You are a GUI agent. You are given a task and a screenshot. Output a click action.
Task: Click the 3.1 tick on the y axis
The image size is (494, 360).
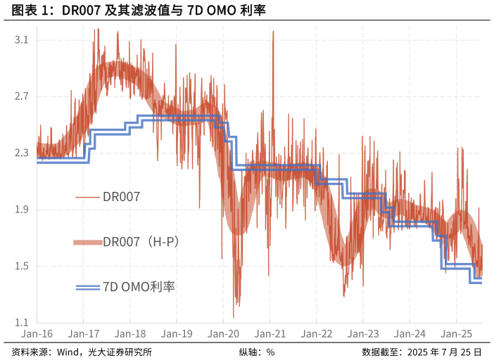click(21, 40)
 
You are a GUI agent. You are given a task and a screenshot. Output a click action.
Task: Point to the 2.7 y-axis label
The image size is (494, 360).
click(21, 96)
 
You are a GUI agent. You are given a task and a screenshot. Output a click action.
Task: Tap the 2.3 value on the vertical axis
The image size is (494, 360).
click(21, 153)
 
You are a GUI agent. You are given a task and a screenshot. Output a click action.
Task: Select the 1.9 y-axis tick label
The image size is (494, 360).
click(21, 210)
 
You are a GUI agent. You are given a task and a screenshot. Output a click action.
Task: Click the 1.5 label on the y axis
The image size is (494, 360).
click(21, 266)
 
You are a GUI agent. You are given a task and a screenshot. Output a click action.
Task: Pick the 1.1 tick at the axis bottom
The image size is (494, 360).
click(21, 323)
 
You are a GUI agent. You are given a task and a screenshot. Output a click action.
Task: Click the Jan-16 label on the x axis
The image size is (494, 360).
click(37, 335)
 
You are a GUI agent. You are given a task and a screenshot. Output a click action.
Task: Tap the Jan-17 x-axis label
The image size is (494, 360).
click(83, 335)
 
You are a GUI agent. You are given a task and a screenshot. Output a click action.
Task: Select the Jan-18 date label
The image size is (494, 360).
click(130, 335)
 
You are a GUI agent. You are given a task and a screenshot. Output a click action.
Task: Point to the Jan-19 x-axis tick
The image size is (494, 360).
click(177, 335)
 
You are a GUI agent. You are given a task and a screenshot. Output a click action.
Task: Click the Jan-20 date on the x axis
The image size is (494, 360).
click(223, 335)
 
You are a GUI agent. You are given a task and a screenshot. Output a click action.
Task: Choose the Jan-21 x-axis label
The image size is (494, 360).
click(270, 335)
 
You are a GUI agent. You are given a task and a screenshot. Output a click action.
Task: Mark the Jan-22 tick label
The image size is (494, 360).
click(317, 335)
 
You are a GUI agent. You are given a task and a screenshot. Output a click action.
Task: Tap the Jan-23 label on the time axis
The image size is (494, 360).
click(363, 335)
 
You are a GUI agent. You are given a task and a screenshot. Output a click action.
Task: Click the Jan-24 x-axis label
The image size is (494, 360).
click(410, 335)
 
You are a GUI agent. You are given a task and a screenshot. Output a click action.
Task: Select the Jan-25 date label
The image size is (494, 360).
click(457, 335)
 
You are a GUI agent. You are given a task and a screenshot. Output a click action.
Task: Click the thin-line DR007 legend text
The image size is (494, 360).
click(122, 197)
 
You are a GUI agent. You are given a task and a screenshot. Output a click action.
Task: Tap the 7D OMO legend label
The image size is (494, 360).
click(139, 287)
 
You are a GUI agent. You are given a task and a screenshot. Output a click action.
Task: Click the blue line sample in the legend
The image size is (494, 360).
click(88, 287)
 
